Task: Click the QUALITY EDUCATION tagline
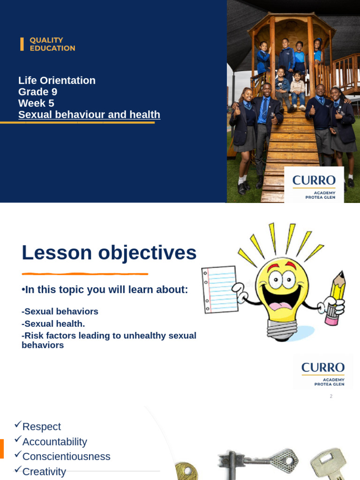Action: click(x=52, y=44)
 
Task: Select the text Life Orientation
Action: click(x=57, y=80)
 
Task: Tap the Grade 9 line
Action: click(x=37, y=92)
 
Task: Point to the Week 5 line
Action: click(x=36, y=103)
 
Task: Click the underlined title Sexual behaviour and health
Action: click(x=89, y=115)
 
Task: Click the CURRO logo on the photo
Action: click(x=314, y=184)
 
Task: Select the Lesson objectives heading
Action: click(x=109, y=253)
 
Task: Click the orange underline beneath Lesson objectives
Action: click(x=85, y=274)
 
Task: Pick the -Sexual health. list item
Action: click(x=53, y=323)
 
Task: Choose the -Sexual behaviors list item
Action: click(x=60, y=311)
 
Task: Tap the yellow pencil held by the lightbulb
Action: click(x=336, y=295)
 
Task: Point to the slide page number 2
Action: click(x=331, y=396)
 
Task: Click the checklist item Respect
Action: click(x=41, y=427)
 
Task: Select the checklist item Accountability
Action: click(x=54, y=442)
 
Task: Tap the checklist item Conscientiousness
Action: click(x=66, y=457)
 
